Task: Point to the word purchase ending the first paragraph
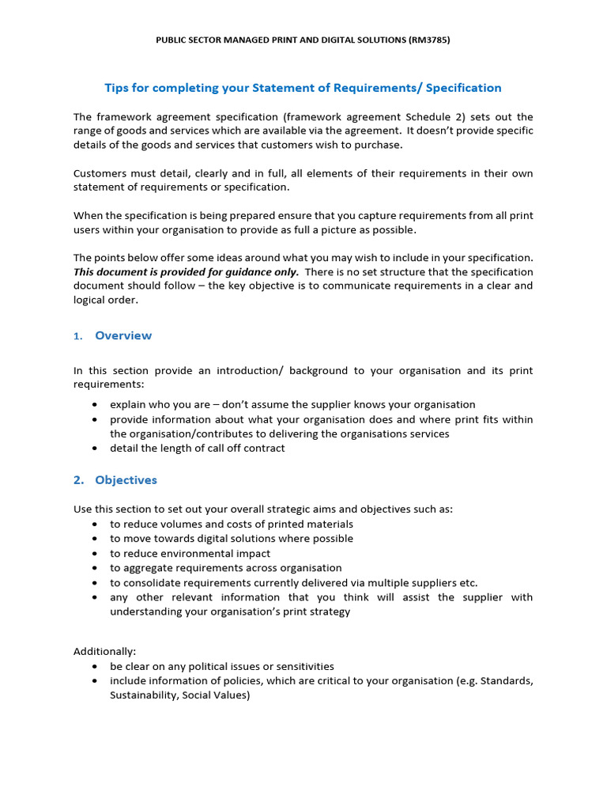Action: coord(379,145)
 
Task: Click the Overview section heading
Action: coord(123,335)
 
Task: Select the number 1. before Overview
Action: coord(78,336)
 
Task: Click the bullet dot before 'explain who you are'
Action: coord(95,404)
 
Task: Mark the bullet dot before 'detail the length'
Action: coord(95,448)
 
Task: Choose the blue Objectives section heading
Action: coord(126,480)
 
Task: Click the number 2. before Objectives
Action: coord(78,480)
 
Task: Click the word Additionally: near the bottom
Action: coord(104,652)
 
